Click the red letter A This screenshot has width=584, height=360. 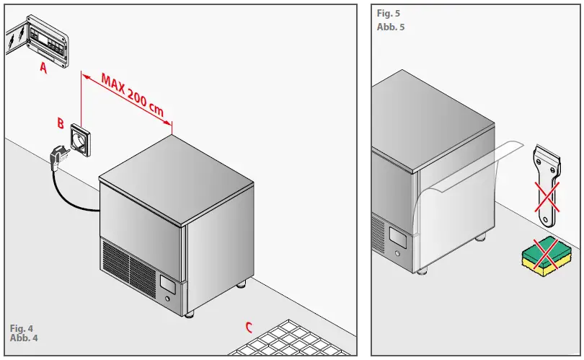44,69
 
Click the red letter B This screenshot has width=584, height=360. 61,123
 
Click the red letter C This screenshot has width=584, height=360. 249,328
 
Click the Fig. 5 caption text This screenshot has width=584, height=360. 388,14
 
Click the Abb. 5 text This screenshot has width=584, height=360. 391,27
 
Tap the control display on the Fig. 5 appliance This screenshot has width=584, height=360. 397,236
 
